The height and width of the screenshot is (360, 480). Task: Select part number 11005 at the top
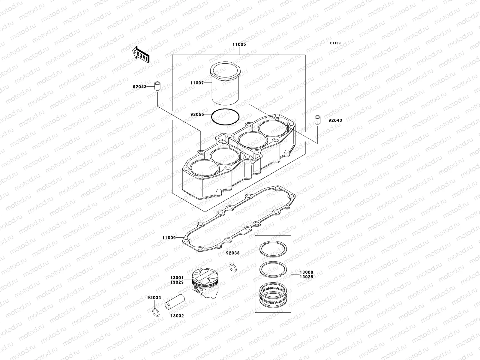click(239, 44)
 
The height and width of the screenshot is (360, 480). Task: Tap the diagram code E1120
click(335, 43)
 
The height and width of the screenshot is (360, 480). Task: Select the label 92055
click(197, 114)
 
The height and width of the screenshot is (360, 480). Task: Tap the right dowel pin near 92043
click(317, 120)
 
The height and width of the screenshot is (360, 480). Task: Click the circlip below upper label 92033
click(233, 267)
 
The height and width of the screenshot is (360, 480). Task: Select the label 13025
click(306, 277)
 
